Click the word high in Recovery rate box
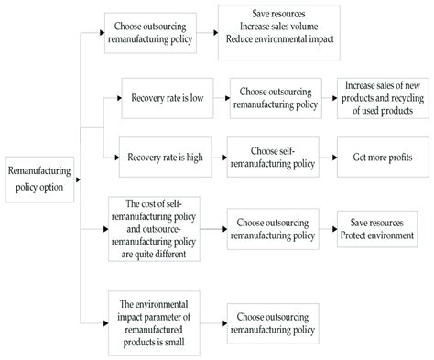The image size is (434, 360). point(197,158)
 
